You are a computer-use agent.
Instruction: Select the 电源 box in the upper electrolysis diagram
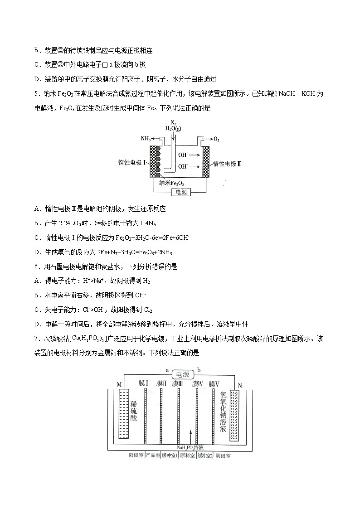(181, 192)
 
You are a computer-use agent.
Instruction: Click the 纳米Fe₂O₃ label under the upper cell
(171, 183)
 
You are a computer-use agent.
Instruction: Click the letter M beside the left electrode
(119, 385)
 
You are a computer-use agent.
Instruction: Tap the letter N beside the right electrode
(239, 386)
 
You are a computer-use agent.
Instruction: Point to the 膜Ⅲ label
(177, 383)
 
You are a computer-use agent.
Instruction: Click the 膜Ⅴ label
(214, 383)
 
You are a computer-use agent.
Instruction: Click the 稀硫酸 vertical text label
(133, 412)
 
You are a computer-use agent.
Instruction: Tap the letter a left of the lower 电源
(167, 370)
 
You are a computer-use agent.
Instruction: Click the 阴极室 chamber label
(223, 456)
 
